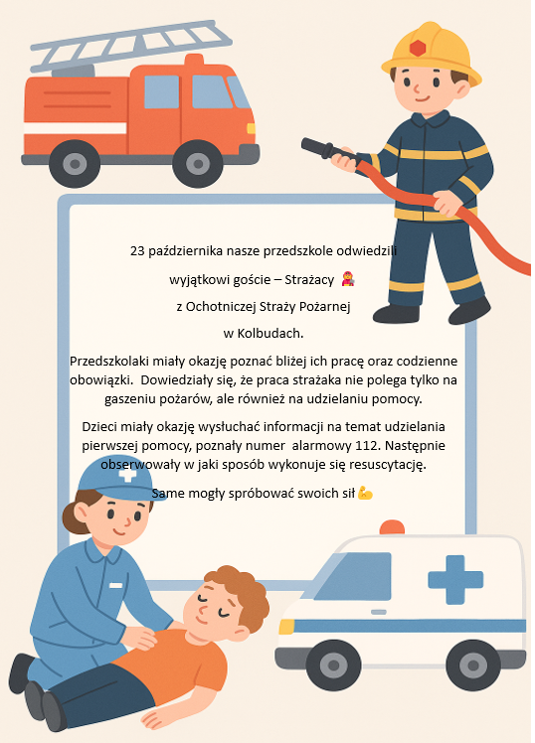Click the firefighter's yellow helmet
coord(431,53)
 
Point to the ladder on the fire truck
coord(130,45)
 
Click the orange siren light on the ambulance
coord(392,527)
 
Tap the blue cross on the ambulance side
coord(455,579)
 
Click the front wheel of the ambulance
coord(333,665)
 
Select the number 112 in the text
coord(369,446)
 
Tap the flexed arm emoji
coord(365,493)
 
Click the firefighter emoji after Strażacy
coord(348,279)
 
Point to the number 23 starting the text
coord(137,250)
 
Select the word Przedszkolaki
coord(109,362)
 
